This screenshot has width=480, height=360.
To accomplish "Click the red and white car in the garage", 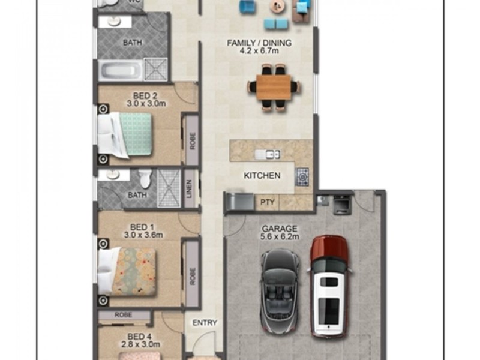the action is tap(329, 286).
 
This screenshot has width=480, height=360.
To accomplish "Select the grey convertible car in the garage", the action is tap(280, 291).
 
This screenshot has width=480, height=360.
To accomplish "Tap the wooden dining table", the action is tap(274, 87).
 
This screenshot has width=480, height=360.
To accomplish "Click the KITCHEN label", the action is tap(262, 175).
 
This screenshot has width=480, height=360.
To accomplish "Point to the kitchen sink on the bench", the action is tap(268, 154).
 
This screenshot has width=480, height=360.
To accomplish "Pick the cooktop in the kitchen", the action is tap(302, 176).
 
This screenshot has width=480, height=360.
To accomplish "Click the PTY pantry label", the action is tap(267, 202).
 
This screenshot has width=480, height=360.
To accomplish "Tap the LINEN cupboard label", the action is tap(189, 188).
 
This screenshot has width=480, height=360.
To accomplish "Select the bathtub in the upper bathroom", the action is tap(121, 70).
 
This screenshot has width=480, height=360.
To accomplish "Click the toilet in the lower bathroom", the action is tap(145, 178).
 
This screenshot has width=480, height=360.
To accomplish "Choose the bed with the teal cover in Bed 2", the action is tap(125, 135).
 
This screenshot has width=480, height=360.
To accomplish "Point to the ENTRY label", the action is tap(205, 323).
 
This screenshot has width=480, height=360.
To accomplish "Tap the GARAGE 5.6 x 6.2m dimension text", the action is tap(280, 236).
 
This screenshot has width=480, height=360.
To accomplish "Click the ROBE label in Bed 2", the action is tap(192, 141).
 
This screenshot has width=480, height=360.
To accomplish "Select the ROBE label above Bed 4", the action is tap(124, 314).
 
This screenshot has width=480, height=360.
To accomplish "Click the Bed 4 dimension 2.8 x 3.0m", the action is tap(140, 344).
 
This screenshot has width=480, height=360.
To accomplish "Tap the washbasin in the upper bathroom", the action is tap(115, 22).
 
